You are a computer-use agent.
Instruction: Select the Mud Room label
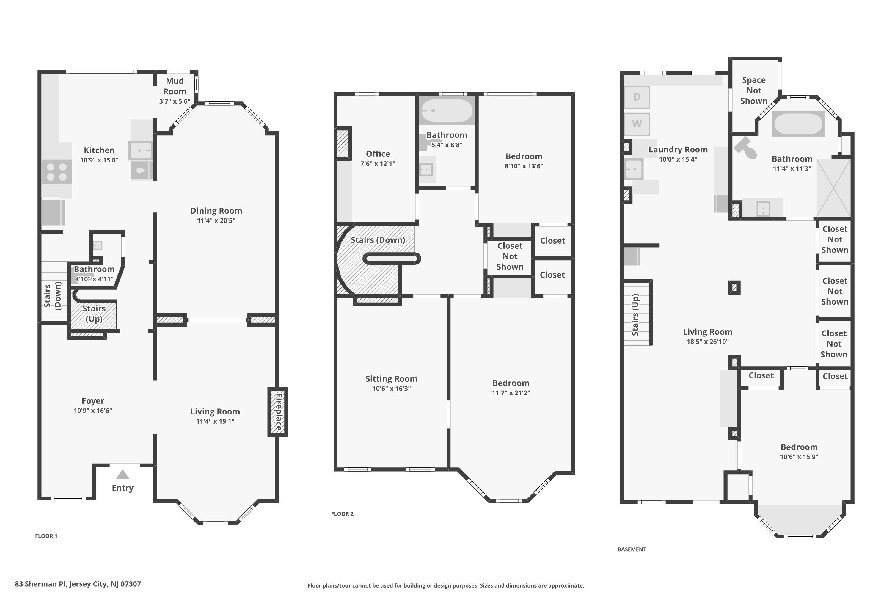click(x=175, y=86)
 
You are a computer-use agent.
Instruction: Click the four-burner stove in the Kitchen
click(x=56, y=172)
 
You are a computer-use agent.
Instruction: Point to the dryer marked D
click(x=637, y=97)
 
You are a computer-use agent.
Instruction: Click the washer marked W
click(x=637, y=124)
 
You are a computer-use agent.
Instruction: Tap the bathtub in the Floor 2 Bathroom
click(x=447, y=110)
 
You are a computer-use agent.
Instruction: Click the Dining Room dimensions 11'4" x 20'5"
click(x=216, y=220)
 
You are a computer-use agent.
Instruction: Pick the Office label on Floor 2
click(x=378, y=154)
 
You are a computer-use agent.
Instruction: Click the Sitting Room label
click(x=391, y=379)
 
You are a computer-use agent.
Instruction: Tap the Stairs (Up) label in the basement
click(x=635, y=315)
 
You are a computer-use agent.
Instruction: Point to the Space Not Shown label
click(x=754, y=90)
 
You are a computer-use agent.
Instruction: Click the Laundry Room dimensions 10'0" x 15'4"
click(x=678, y=159)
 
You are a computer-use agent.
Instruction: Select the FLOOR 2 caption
click(x=342, y=514)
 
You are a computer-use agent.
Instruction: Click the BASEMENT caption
click(x=632, y=549)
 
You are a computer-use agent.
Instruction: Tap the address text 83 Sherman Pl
click(x=41, y=584)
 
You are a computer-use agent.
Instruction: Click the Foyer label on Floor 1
click(x=93, y=401)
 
